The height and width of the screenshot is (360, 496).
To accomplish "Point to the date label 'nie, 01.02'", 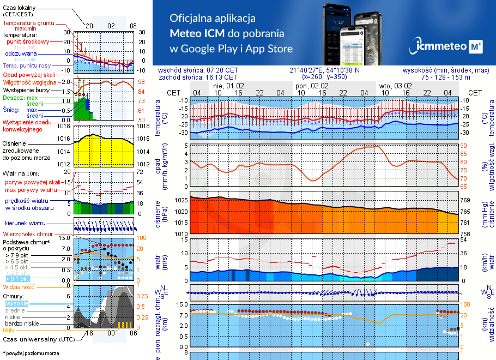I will point(228,86).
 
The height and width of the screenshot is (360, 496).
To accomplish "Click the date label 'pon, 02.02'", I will point(311,86).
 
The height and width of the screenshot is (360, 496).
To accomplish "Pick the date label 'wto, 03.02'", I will point(395,86).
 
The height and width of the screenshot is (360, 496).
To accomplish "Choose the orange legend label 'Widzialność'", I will point(19,286).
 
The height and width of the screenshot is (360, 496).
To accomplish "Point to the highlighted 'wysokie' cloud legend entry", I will point(16,303).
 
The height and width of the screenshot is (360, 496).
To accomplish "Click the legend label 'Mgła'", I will point(9,330).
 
